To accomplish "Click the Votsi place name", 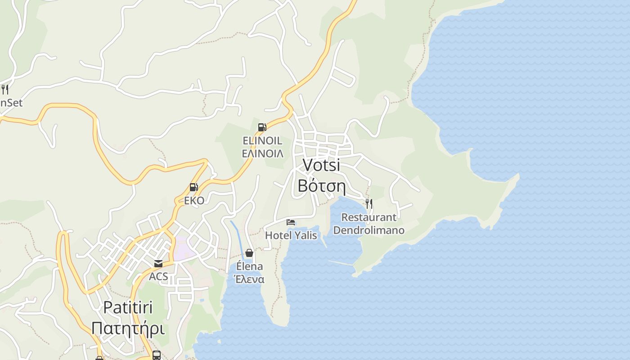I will click(321, 165).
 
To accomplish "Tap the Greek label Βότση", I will click(321, 185).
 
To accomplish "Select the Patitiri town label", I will click(128, 307).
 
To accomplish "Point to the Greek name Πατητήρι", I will click(128, 328).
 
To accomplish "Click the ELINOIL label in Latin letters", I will click(262, 141).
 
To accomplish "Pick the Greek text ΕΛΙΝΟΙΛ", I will click(262, 153).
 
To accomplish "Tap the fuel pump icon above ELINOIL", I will click(262, 127).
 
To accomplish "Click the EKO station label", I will click(194, 201).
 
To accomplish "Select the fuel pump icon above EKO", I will click(193, 187).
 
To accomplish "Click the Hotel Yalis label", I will click(291, 235).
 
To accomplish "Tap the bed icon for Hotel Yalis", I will click(291, 222).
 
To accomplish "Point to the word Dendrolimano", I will click(369, 230).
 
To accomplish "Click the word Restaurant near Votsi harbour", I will click(369, 217).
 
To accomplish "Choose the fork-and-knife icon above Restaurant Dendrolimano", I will click(369, 204).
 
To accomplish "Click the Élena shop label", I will click(249, 266).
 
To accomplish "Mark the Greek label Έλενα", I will click(249, 279).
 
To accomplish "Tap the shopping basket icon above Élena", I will click(249, 253).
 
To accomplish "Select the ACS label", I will click(158, 276).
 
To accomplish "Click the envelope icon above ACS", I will click(158, 264).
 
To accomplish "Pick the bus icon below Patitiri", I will click(156, 355).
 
